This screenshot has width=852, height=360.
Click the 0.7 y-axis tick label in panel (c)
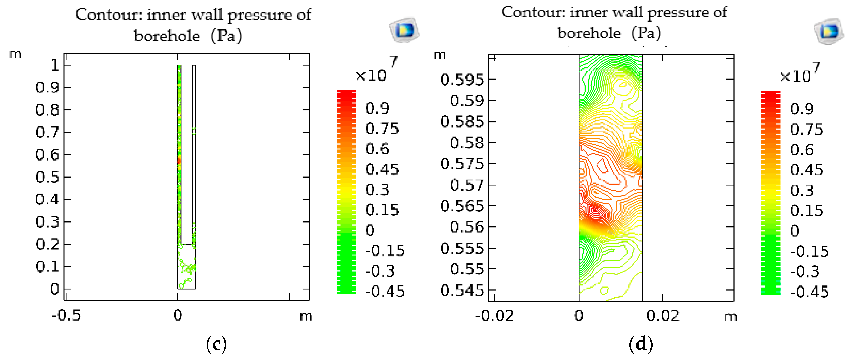coord(47,132)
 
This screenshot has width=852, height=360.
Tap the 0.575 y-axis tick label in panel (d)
coord(462,164)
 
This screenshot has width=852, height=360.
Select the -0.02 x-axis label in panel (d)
coord(494,316)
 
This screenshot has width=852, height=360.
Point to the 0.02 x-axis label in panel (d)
coord(663,316)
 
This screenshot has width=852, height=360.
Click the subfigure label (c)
coord(216,344)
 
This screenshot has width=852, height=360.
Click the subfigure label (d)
coord(641,344)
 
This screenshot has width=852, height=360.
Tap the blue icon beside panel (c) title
coord(404,30)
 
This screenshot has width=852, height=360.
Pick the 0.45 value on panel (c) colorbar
coord(382,169)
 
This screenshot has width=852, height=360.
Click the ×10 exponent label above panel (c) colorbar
coord(371,75)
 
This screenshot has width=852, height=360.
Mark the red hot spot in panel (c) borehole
coord(179,161)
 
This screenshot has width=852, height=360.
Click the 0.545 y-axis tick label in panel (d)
coord(462,290)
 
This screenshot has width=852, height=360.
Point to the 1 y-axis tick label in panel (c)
coord(55,65)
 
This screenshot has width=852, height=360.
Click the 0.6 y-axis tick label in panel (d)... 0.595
coord(462,79)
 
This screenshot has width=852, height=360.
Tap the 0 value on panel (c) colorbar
coord(370,230)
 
